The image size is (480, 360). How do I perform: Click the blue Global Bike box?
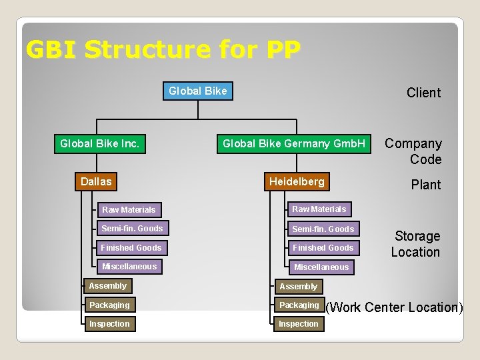coord(198,91)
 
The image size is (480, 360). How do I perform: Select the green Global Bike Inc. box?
coord(100,143)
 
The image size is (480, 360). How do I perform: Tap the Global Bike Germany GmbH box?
coord(294,143)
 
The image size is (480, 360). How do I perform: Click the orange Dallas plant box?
coord(96,181)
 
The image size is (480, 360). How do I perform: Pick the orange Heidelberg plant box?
coord(297,181)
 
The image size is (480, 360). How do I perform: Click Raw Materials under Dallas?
coord(129,209)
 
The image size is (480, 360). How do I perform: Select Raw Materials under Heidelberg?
coord(319,209)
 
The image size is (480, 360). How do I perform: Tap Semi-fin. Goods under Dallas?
coord(132,229)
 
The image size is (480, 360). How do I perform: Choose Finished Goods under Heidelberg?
coord(323,248)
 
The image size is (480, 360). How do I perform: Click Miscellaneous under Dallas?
coord(129,267)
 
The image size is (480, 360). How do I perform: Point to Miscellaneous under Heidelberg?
coord(321,267)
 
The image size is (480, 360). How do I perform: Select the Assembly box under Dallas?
coord(108,286)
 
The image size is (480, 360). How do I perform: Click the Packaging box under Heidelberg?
coord(299,305)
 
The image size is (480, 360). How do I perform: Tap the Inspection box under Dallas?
coord(110,324)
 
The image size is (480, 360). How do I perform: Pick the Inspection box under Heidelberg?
coord(299,324)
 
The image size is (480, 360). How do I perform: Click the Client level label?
coord(423,93)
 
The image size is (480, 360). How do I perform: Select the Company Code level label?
coord(413,151)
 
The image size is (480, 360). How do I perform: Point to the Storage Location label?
coord(416,244)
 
